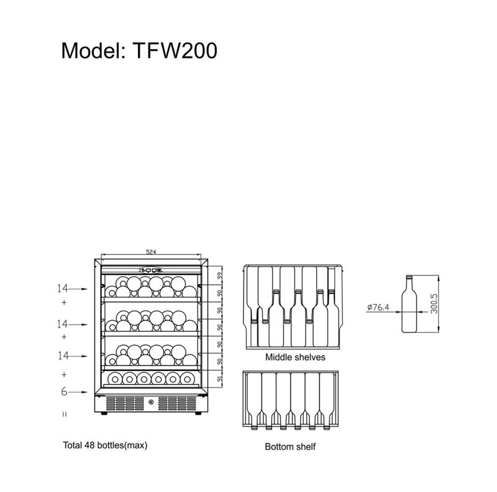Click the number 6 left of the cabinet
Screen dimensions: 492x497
[64, 392]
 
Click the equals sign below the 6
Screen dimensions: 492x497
[64, 413]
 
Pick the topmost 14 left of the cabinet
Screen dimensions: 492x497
[62, 289]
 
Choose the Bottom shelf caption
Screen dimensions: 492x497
[290, 447]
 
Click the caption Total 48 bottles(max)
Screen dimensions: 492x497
[104, 445]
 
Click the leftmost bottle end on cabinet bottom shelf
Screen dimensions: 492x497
[114, 378]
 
